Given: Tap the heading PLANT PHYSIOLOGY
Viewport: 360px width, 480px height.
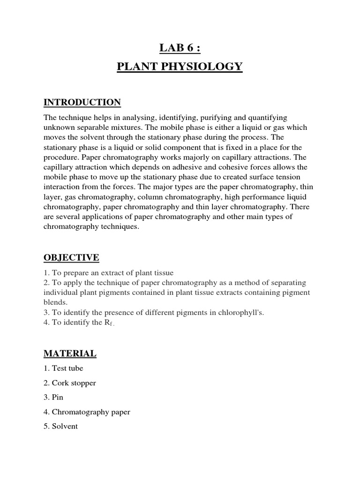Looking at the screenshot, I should [x=180, y=67].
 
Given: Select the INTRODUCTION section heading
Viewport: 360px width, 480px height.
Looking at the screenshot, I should [x=82, y=103].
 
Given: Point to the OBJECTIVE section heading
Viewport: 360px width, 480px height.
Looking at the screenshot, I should [x=71, y=258].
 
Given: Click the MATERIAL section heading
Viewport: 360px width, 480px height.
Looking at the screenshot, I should [x=70, y=353].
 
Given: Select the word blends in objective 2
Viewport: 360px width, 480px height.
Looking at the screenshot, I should [x=55, y=302].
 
